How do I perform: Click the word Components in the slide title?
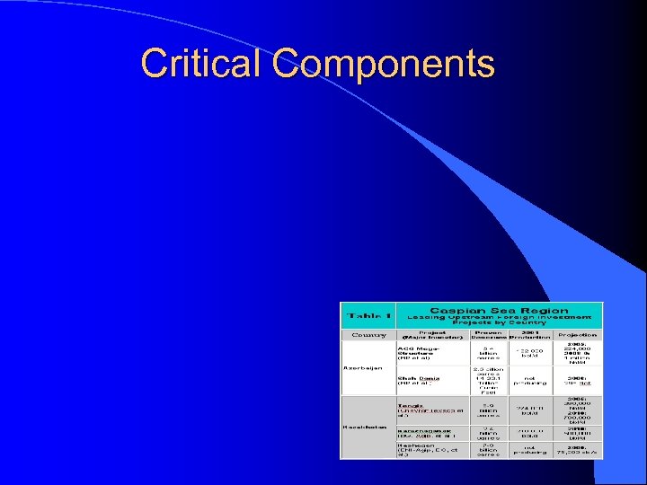tap(384, 65)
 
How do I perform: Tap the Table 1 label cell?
tap(368, 316)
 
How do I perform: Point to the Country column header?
tap(368, 335)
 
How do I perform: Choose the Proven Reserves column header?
tap(488, 335)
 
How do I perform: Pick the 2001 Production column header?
tap(530, 335)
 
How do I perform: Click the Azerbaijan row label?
tap(363, 367)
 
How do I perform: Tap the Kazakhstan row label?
tap(364, 426)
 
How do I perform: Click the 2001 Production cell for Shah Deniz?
tap(530, 381)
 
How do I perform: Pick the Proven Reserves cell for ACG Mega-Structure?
tap(488, 353)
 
